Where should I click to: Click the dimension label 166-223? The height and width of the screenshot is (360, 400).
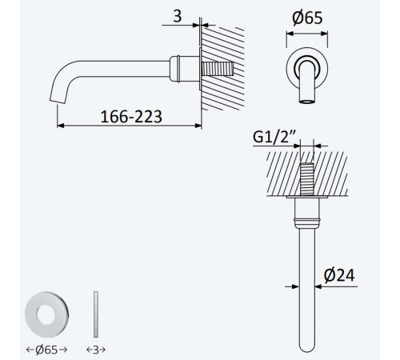(131, 117)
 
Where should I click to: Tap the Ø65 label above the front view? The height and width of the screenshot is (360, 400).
(307, 18)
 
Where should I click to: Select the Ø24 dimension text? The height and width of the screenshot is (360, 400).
(339, 275)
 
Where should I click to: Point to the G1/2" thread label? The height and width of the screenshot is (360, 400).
(273, 138)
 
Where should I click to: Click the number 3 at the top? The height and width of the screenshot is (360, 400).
(178, 16)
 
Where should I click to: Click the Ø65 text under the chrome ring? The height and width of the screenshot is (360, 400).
(46, 350)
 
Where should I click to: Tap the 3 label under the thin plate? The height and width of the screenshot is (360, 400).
(96, 350)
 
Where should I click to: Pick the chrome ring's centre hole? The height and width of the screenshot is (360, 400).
(46, 315)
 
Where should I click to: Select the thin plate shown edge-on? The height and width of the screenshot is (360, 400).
(96, 314)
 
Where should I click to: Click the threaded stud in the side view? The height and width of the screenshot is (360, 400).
(218, 69)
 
